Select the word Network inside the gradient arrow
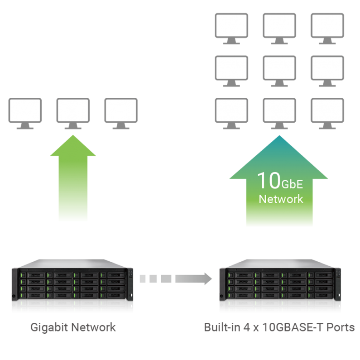click(x=280, y=199)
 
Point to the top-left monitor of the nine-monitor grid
click(x=231, y=26)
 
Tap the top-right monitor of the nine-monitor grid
click(x=327, y=26)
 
